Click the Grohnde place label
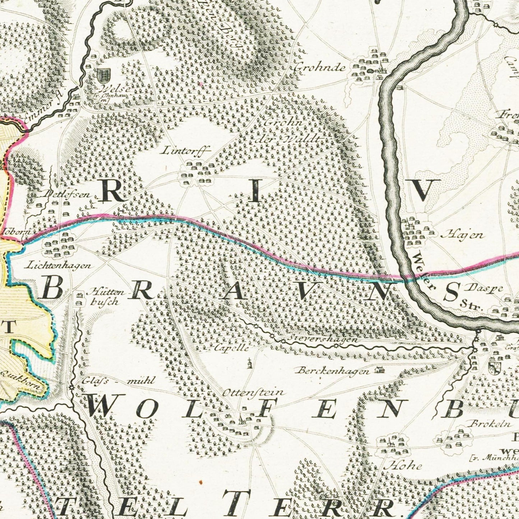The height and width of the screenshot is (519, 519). click(320, 68)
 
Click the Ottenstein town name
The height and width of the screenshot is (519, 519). click(254, 393)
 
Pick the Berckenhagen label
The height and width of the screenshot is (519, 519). click(333, 371)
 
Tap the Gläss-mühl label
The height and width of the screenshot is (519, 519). click(118, 381)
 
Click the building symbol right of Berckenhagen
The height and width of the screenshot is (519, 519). click(378, 369)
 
